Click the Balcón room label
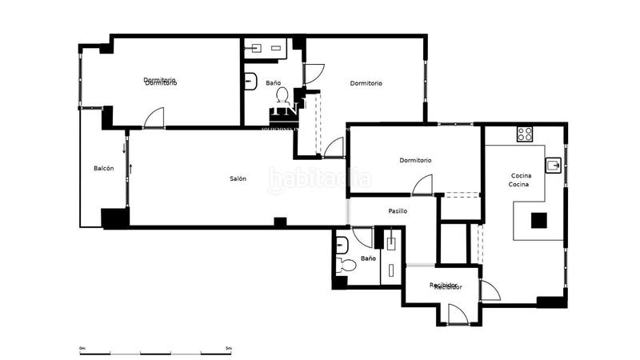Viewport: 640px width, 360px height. click(x=103, y=168)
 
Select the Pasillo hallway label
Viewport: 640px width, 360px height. click(x=398, y=211)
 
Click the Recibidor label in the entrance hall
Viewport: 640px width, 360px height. click(x=444, y=286)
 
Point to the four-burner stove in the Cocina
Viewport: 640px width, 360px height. click(x=525, y=134)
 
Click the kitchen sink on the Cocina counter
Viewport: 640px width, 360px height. click(x=554, y=166)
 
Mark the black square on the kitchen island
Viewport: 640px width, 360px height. click(x=539, y=220)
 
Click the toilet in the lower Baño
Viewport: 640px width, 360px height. click(x=348, y=265)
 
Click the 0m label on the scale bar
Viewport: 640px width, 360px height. click(x=82, y=348)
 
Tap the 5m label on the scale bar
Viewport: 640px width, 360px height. click(x=228, y=348)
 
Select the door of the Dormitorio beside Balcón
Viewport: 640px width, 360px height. click(x=153, y=118)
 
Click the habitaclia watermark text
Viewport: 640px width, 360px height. click(x=319, y=181)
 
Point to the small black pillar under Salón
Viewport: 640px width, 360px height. click(x=280, y=222)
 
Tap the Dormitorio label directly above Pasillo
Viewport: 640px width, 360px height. click(x=415, y=160)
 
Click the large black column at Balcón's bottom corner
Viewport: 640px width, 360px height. click(x=114, y=218)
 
